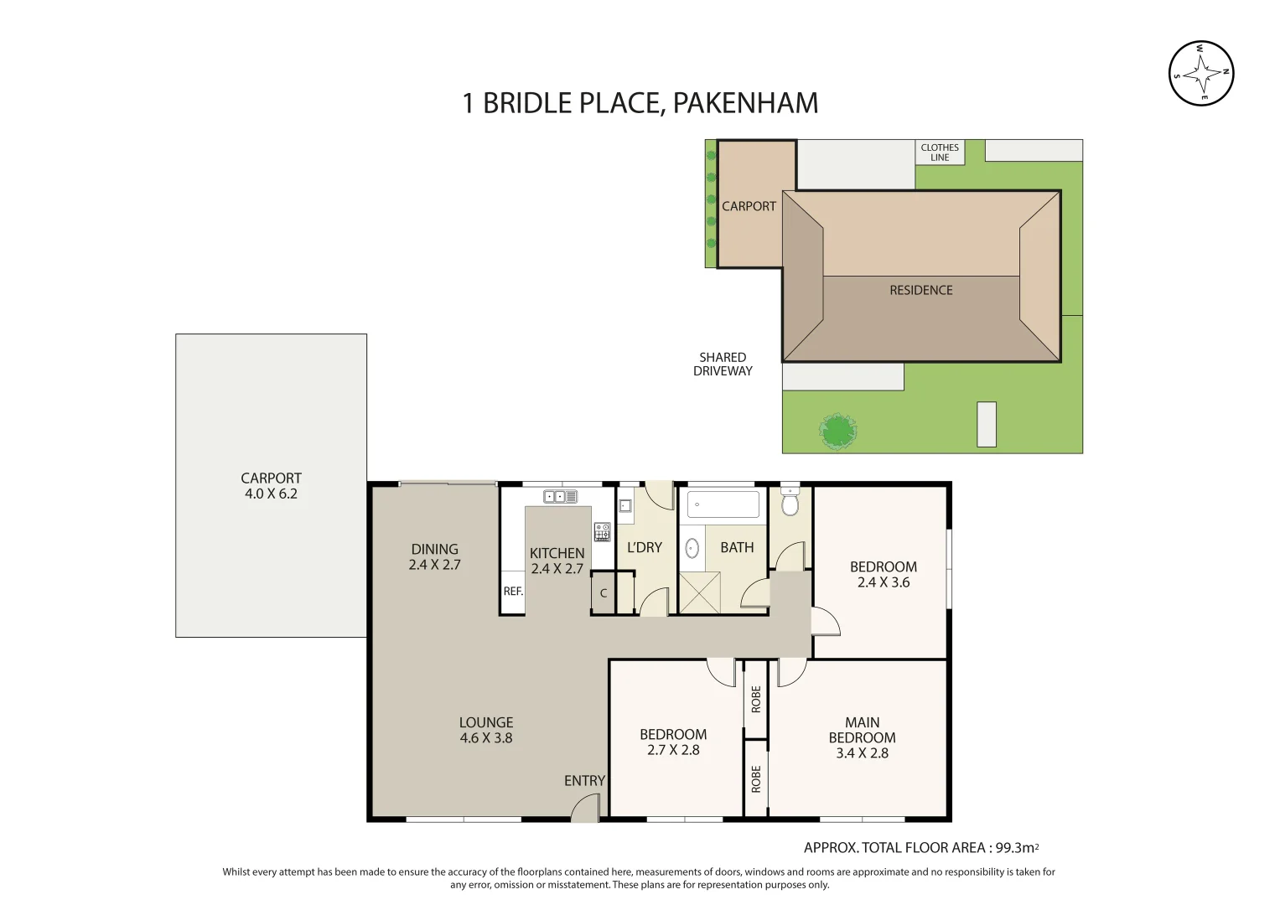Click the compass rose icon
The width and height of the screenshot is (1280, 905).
coord(1201,74)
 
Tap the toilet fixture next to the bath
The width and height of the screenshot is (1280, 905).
coord(790,501)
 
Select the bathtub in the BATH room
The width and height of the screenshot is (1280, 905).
coord(723,504)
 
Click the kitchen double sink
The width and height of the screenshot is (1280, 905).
coord(560,497)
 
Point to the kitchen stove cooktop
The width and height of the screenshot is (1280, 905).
coord(602,532)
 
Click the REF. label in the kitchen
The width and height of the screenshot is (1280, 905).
coord(513,592)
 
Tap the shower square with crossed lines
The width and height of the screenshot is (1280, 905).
coord(699,592)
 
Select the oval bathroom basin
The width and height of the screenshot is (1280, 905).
coord(692,548)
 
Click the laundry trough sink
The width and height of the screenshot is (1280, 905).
coord(625,505)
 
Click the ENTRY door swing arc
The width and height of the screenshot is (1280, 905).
coord(583,809)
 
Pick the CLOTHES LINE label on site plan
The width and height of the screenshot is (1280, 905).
coord(940,153)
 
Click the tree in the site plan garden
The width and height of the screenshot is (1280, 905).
coord(837,432)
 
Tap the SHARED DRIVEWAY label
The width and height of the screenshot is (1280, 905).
coord(723,365)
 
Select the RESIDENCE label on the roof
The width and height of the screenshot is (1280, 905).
coord(920,290)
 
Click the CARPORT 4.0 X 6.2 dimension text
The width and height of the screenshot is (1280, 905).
coord(271,494)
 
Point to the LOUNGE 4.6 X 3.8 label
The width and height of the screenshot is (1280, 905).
coord(485,730)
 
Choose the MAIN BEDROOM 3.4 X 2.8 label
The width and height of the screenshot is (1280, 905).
coord(862,737)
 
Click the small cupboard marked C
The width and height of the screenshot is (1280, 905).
coord(603,593)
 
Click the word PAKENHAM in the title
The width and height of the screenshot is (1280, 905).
coord(745,103)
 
